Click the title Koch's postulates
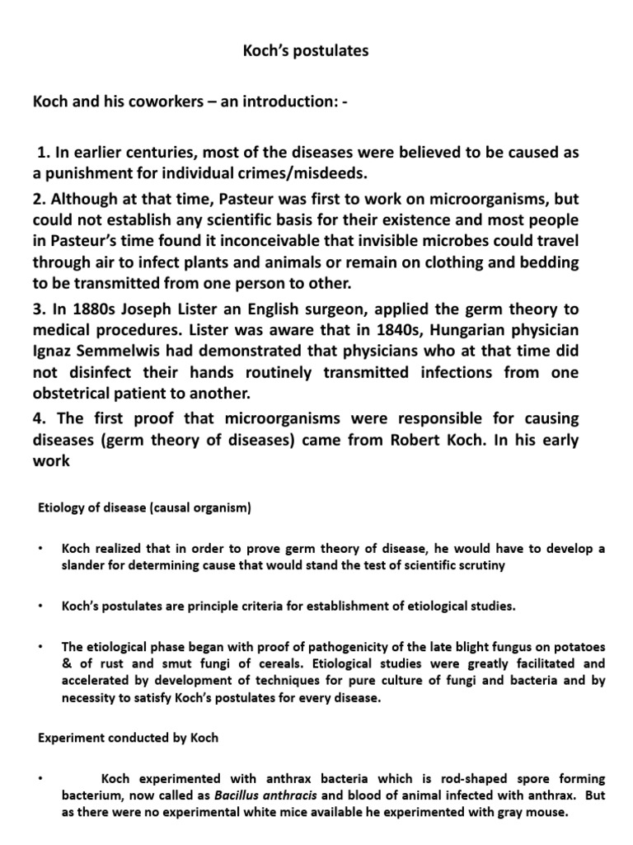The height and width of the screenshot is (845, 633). (x=305, y=51)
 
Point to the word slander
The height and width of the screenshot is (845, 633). (x=85, y=565)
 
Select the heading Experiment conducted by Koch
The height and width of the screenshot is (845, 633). (x=129, y=737)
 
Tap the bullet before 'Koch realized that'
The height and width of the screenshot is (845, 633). (x=40, y=550)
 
